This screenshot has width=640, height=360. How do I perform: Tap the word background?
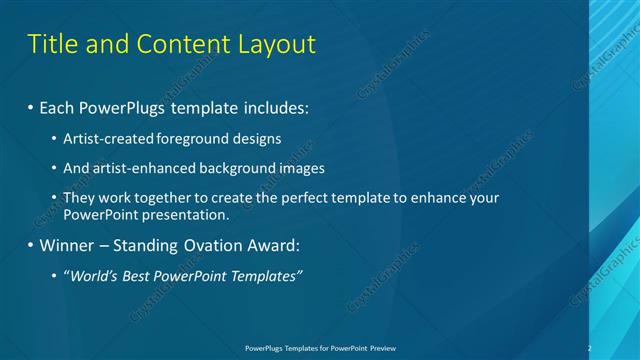(x=236, y=168)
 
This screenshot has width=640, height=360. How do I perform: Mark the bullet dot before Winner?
(x=30, y=245)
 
